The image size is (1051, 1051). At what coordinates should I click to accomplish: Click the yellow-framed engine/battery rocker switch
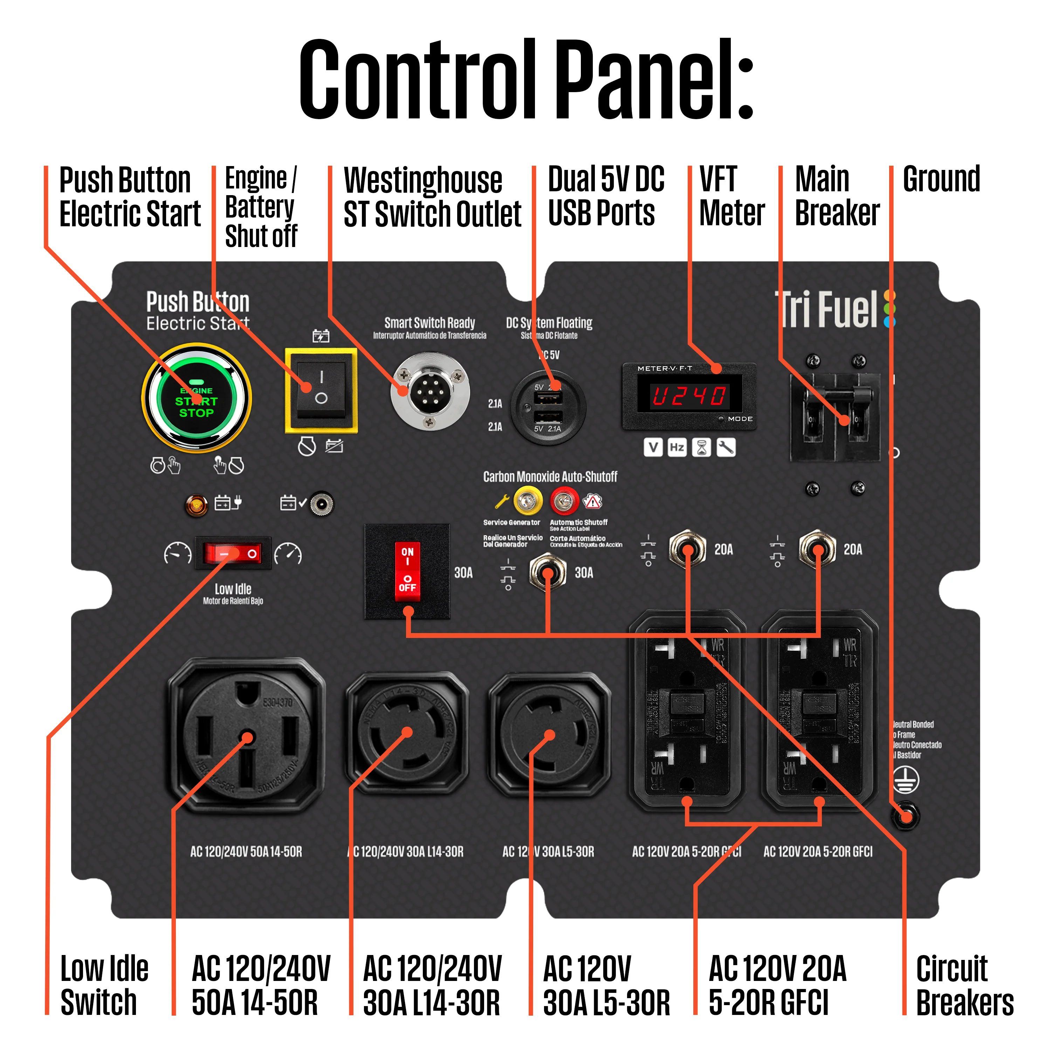pos(321,390)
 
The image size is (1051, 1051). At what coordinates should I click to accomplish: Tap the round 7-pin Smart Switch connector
pos(430,391)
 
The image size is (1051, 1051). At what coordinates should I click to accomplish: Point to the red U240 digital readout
pos(689,396)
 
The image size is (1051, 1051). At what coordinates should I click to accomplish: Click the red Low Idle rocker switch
pos(233,554)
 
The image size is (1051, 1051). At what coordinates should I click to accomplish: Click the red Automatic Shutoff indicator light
pos(564,501)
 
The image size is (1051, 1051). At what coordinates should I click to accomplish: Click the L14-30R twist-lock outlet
pos(407,732)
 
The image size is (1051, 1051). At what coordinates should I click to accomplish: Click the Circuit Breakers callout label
pos(964,985)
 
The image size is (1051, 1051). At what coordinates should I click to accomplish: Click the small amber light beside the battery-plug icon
pos(197,505)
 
